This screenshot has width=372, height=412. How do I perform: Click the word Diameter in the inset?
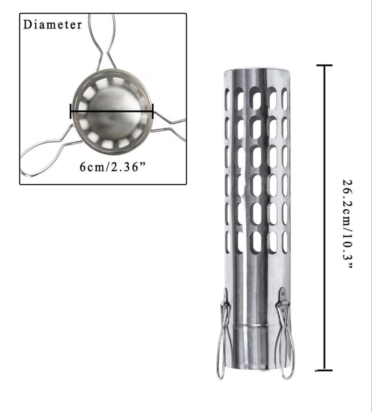point(53,25)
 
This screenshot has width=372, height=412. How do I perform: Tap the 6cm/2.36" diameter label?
point(108,167)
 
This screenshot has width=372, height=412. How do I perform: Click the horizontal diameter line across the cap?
point(112,111)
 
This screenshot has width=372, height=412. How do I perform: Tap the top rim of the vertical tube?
point(256,71)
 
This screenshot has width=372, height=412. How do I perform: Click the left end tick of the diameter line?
point(71,111)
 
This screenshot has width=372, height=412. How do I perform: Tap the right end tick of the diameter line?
point(153,111)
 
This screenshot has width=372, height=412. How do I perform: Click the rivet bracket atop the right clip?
point(283,296)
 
